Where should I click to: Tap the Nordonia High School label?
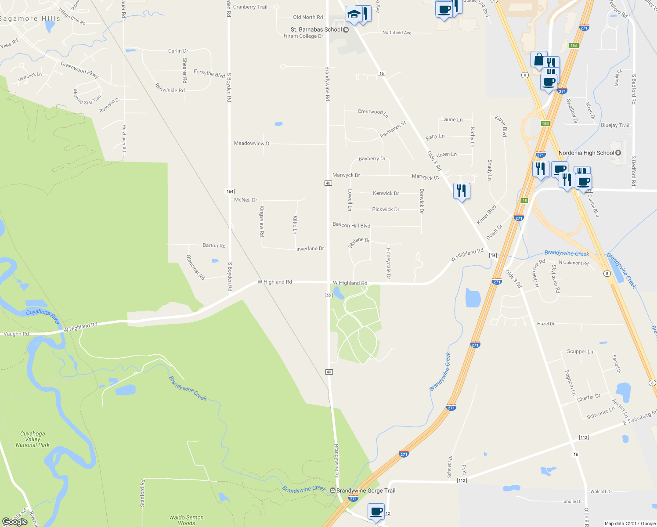coord(586,153)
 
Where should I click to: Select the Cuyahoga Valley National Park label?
coord(32,439)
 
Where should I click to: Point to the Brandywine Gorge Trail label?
coord(366,491)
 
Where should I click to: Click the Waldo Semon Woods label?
coord(186,520)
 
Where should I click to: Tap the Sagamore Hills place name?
coord(30,18)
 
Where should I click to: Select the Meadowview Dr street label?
coord(253,143)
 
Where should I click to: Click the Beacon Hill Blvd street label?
coord(351,225)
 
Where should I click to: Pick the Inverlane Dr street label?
coord(310,249)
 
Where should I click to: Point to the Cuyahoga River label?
coord(43,316)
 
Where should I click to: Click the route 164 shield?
coord(230,191)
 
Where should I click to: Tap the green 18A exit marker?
coord(574,46)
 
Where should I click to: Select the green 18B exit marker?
coord(545,123)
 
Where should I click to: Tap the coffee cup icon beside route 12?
coord(376,511)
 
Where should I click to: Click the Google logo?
coord(15,522)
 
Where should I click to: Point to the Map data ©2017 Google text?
coord(630,523)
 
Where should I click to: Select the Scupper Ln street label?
coord(580,351)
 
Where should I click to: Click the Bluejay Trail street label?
coord(615,125)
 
